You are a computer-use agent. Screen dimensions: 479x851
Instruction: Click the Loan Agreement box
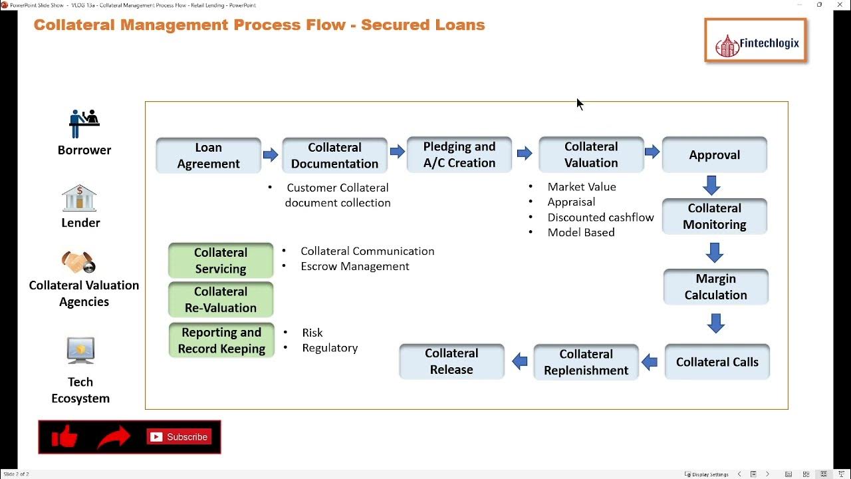point(208,156)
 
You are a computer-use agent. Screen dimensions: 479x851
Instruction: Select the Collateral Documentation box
point(334,156)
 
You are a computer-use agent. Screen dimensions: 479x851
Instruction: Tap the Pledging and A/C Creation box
point(459,155)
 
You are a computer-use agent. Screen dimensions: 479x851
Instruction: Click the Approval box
point(714,155)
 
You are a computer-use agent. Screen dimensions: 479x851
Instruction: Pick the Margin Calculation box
point(715,287)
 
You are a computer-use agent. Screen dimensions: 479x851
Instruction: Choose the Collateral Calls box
point(717,362)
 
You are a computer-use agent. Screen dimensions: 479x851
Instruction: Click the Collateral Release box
point(451,361)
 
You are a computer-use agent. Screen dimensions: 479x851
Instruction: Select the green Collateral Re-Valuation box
point(221,299)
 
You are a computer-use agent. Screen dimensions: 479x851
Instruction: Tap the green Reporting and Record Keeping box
point(221,340)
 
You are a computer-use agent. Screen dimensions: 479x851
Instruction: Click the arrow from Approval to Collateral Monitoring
point(712,185)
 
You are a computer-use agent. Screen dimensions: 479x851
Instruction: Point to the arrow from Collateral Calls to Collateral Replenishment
point(650,363)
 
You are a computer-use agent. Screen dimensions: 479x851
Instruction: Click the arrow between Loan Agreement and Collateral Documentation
point(271,155)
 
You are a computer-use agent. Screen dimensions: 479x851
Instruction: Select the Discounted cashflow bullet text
point(600,218)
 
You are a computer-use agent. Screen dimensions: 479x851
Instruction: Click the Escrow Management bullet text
point(354,266)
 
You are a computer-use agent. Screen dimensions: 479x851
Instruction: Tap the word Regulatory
point(330,347)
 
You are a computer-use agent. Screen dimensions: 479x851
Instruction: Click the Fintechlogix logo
point(755,41)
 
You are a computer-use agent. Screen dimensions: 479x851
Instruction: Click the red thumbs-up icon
point(64,437)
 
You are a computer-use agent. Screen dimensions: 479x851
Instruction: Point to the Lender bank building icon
point(79,198)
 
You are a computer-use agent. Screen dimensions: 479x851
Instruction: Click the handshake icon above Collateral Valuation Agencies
point(79,263)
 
